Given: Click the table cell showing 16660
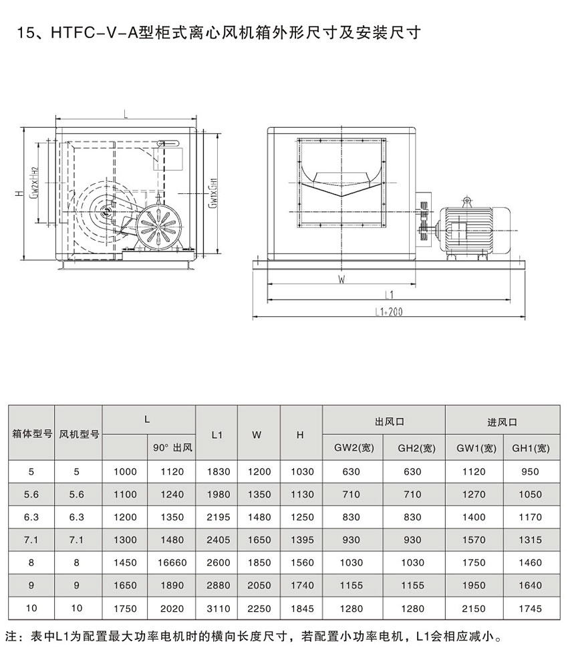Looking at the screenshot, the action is pos(172,563).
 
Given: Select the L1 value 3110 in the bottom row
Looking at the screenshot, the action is pos(218,608).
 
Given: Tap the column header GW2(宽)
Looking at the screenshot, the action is pos(353,448).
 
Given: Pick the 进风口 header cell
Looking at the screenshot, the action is pos(502,423).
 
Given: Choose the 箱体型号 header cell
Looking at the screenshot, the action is pos(32,434).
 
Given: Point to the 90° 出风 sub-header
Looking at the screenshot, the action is pos(172,448).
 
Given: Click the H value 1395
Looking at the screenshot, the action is pos(302,540).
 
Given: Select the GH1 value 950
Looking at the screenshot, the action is pos(530,472).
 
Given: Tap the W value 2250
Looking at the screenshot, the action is pos(259,608).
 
